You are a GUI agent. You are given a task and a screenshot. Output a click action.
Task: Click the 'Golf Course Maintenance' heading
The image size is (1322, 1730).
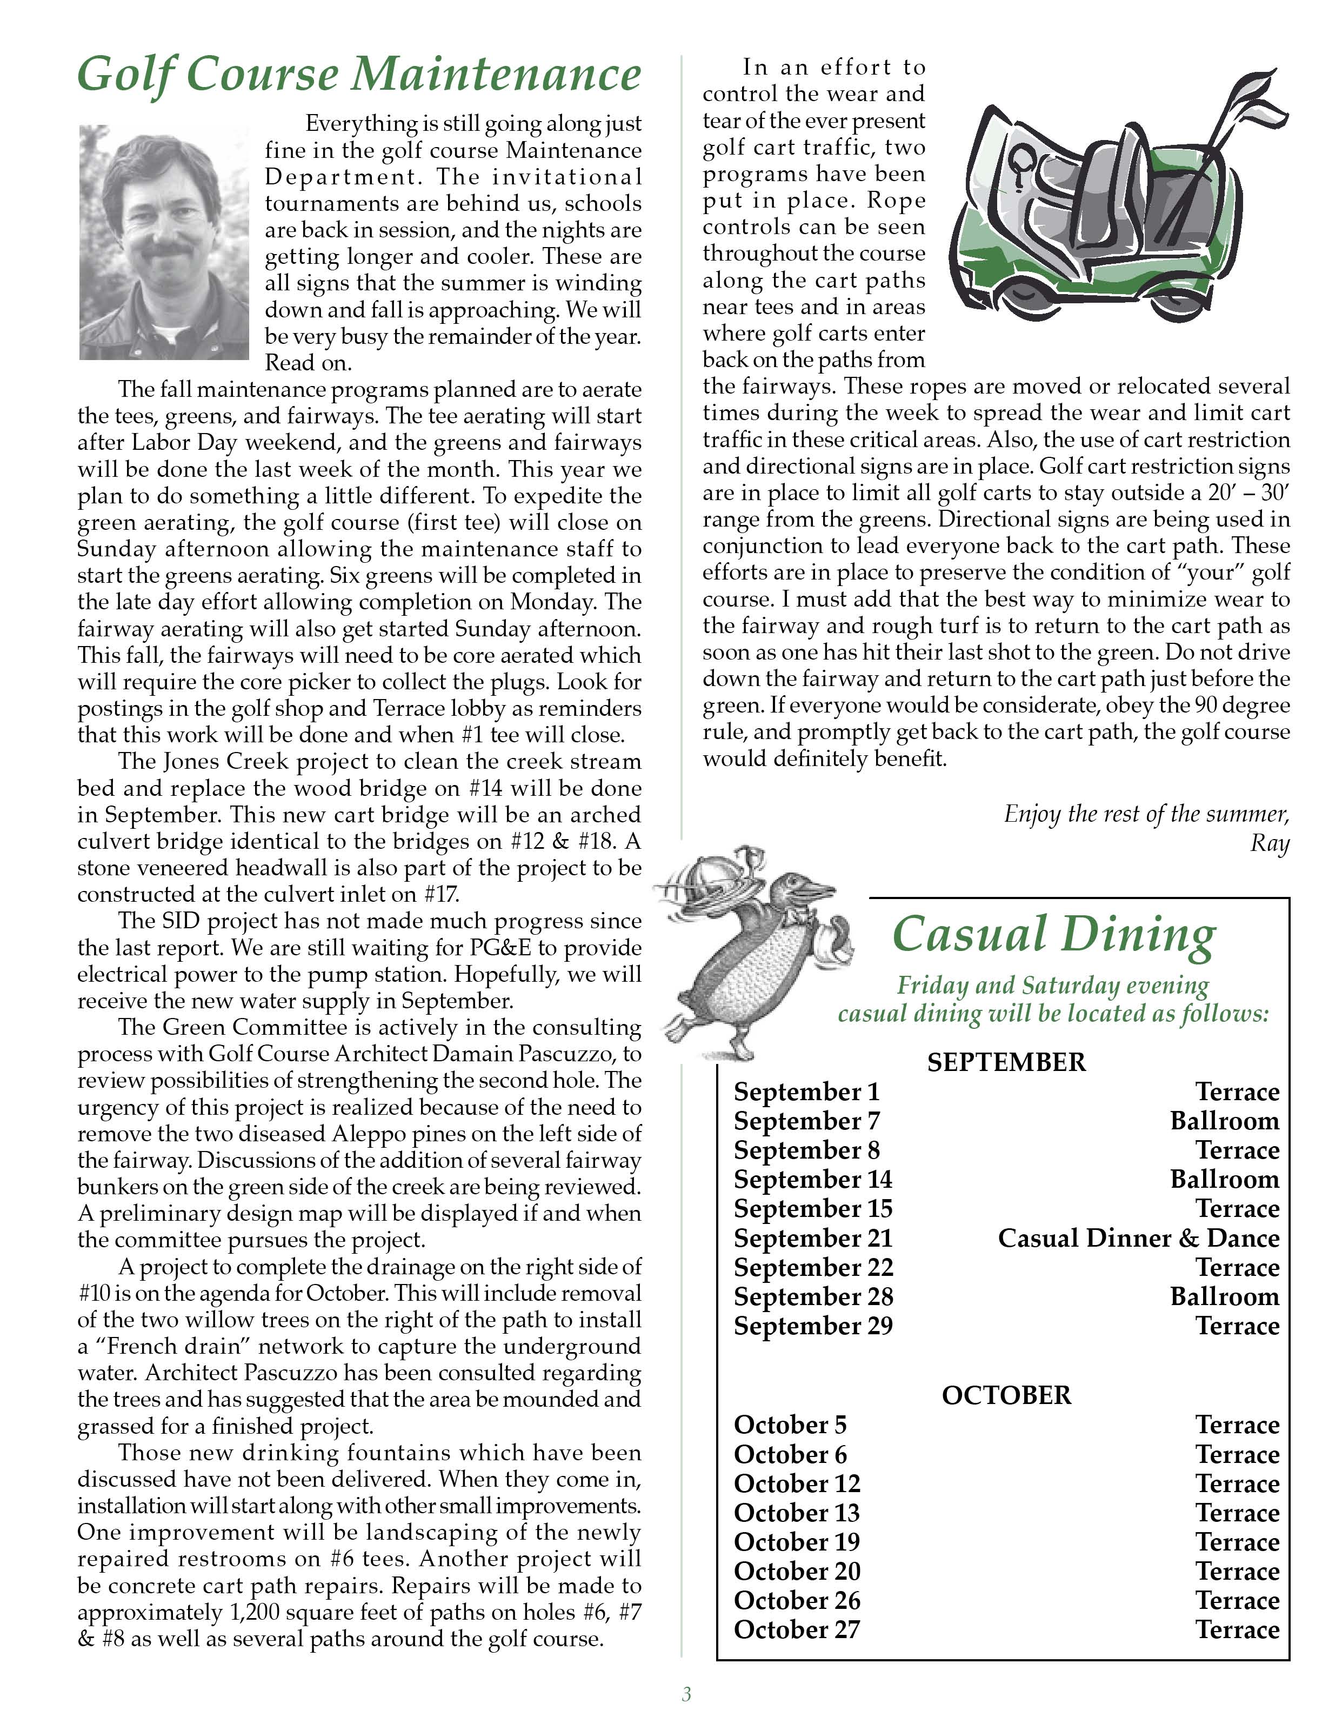359,75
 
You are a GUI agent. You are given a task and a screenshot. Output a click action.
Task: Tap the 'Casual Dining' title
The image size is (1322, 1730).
1054,934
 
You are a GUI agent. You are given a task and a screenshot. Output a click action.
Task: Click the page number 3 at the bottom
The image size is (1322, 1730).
686,1694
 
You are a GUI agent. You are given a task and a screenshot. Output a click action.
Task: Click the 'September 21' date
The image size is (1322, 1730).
813,1238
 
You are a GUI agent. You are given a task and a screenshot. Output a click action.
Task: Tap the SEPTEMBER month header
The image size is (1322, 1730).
1006,1062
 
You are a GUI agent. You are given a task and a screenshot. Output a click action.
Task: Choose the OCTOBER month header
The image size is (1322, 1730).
1006,1395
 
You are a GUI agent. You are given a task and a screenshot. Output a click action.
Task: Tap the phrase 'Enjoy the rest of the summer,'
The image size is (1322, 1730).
1146,814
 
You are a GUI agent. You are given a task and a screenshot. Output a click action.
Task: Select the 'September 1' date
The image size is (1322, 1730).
806,1092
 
